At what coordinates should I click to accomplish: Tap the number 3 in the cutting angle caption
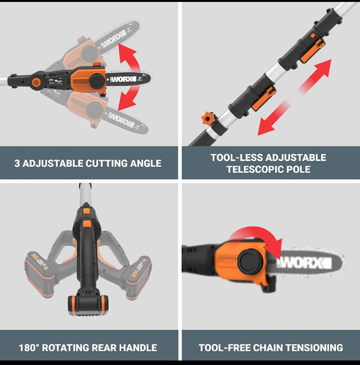[17, 163]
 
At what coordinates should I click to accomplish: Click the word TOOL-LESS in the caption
[236, 157]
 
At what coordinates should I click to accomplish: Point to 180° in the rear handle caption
[29, 348]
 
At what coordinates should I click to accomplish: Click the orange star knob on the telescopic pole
[207, 118]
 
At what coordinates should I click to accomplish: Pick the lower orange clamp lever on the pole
[264, 99]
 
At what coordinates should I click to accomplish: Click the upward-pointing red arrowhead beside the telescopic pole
[324, 67]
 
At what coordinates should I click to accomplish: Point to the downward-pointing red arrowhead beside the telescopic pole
[265, 127]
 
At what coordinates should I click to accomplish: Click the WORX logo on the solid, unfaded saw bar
[123, 79]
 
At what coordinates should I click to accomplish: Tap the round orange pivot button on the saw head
[36, 82]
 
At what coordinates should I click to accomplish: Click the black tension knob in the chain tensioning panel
[251, 261]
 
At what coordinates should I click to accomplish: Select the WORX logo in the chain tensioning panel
[304, 263]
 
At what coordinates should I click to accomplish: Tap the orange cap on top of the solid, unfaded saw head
[97, 64]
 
